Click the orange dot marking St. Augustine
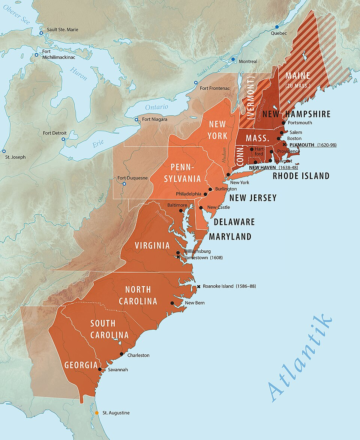[97, 413]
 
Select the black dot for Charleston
[121, 354]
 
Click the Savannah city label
[118, 369]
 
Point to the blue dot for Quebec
[277, 27]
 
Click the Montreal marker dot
[233, 59]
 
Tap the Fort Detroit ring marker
[63, 139]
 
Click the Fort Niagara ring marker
[136, 120]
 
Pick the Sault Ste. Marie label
[63, 30]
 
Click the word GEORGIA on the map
[81, 365]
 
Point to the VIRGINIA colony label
[152, 246]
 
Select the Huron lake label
[78, 74]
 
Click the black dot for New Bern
[172, 303]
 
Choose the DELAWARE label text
[234, 222]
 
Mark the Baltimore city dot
[181, 211]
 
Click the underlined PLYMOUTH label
[302, 145]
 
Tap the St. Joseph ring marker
[4, 151]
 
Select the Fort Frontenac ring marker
[195, 83]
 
